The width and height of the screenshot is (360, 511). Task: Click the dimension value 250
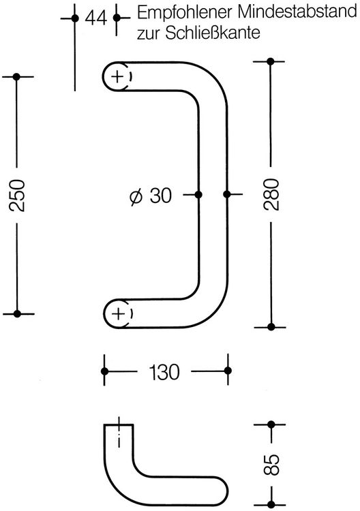tap(17, 196)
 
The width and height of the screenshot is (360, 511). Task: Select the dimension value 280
tap(271, 195)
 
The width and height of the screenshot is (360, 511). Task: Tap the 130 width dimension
tap(164, 372)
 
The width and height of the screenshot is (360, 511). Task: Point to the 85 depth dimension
tap(272, 465)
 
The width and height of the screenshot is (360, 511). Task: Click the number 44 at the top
tap(95, 18)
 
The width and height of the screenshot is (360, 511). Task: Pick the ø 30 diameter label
tap(151, 196)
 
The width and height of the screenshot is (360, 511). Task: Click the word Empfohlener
tap(185, 13)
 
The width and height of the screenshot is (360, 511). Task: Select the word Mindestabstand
tap(297, 12)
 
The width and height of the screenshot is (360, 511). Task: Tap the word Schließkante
tap(213, 33)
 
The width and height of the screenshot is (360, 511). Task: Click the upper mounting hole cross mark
tap(117, 77)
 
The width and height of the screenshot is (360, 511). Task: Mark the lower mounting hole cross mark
tap(118, 314)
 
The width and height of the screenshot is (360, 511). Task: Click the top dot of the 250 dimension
tap(16, 77)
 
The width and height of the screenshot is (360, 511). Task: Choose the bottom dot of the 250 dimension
tap(18, 314)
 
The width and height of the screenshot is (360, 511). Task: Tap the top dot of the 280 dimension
tap(270, 61)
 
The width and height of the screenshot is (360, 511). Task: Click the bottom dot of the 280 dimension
tap(271, 327)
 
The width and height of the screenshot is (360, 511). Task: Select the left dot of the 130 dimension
tap(105, 371)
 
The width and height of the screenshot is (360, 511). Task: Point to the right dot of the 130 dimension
tap(228, 371)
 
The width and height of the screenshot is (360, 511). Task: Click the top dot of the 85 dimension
tap(271, 424)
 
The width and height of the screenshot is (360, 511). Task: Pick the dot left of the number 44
tap(75, 18)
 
